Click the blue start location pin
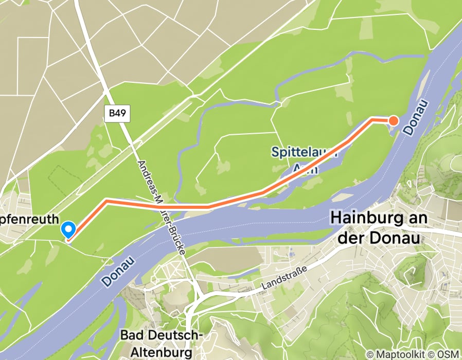coord(68,229)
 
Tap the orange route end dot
coord(393,121)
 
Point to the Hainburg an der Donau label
coord(379,227)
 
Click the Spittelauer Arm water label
coord(305,159)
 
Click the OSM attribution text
coord(447,354)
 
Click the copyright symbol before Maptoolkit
coord(370,354)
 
